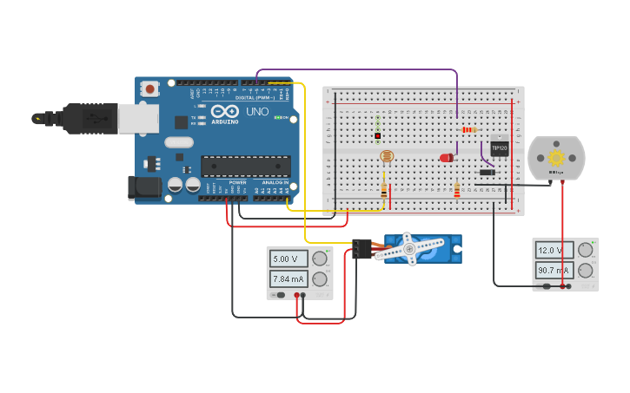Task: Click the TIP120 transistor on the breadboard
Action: click(499, 147)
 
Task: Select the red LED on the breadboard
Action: click(447, 158)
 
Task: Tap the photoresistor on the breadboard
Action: click(387, 157)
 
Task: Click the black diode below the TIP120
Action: click(487, 172)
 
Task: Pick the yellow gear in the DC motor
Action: click(556, 158)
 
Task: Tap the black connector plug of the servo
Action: click(360, 249)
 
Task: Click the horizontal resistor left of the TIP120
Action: click(469, 130)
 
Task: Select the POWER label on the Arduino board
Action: click(237, 183)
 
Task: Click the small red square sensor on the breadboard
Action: click(378, 136)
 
